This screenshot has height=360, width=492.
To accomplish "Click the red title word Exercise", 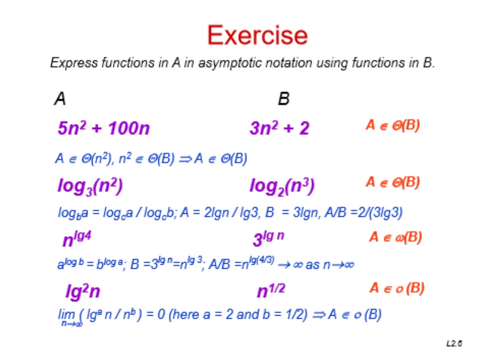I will tap(257, 36).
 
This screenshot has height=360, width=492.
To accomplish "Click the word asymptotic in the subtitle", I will tap(225, 64).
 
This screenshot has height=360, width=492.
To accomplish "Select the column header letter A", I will tap(60, 98).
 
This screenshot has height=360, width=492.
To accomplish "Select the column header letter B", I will tap(283, 98).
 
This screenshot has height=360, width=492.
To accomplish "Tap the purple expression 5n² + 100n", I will tap(104, 128).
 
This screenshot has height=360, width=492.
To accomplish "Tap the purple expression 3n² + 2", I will tap(279, 128).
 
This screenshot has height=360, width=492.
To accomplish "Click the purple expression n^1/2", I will tap(271, 291).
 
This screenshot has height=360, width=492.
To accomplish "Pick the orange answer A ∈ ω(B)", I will tap(395, 238).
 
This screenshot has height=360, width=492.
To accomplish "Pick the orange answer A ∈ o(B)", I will tap(396, 289).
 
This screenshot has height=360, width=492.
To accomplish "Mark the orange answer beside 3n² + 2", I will tap(393, 126).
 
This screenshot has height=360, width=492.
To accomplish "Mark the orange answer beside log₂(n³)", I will tap(393, 183).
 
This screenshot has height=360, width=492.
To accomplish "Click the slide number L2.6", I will tap(454, 344).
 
